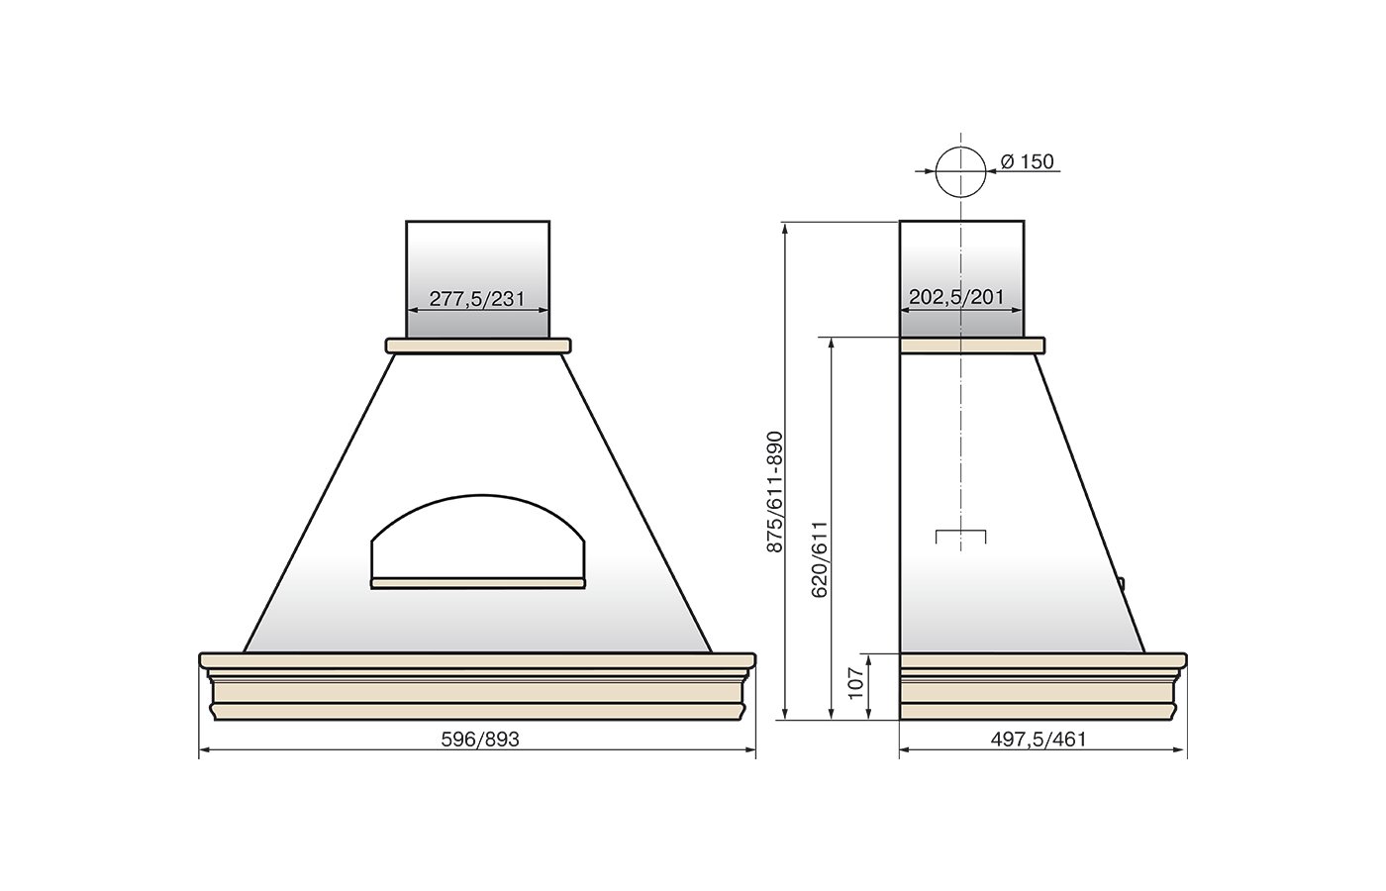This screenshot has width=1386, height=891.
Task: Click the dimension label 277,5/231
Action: click(477, 299)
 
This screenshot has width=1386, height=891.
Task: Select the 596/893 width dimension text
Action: click(480, 740)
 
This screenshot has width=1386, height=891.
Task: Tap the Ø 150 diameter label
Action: click(1028, 161)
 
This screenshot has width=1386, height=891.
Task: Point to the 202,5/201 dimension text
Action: click(956, 298)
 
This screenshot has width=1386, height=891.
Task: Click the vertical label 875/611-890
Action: click(774, 492)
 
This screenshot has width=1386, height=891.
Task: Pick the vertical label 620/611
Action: click(820, 559)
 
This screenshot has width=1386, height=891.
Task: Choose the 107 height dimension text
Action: click(855, 683)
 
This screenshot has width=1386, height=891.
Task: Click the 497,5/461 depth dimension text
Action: click(1039, 740)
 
